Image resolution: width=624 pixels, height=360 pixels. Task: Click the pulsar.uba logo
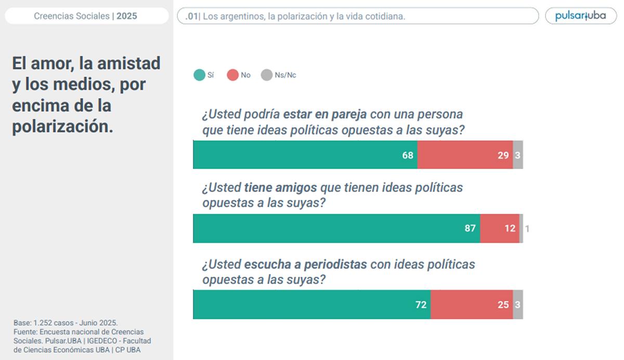click(580, 16)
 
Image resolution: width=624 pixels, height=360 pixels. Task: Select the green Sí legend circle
click(199, 75)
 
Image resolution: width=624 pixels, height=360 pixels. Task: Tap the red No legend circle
click(232, 75)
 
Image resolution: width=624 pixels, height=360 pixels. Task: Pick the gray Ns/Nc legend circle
click(266, 75)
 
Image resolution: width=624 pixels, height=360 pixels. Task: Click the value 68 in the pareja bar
click(408, 155)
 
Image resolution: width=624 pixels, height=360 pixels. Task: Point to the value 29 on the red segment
click(503, 155)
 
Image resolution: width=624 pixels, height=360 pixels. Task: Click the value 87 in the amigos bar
click(470, 228)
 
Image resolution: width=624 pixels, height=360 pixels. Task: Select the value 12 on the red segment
click(510, 228)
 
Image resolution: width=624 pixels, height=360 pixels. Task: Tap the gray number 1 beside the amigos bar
click(527, 228)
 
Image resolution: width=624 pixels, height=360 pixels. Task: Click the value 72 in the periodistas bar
click(421, 305)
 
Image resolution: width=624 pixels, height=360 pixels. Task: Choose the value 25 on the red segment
click(503, 305)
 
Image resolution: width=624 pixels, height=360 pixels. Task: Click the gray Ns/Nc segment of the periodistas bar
click(518, 305)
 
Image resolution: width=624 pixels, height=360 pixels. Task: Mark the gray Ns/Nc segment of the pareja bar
click(518, 155)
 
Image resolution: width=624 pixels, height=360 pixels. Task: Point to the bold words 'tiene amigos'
click(273, 187)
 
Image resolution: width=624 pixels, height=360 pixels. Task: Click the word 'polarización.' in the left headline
click(62, 127)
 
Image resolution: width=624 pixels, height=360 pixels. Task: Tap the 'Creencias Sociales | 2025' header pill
click(86, 16)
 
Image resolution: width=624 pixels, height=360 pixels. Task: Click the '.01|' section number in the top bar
click(192, 16)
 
